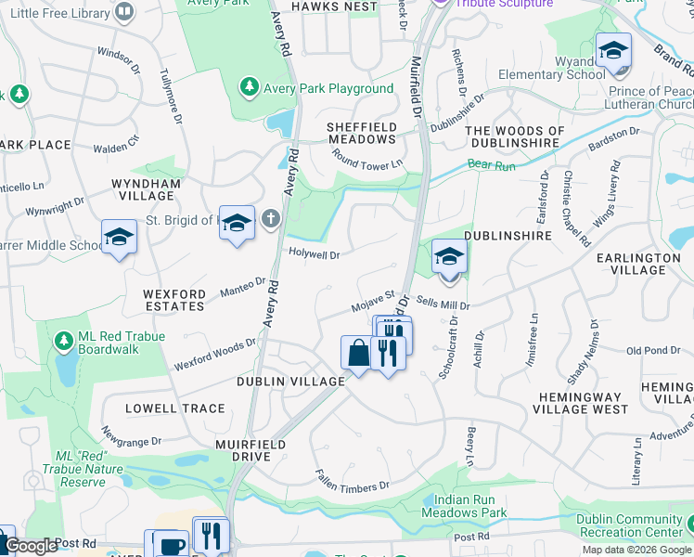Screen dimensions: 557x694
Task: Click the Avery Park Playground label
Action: (x=328, y=88)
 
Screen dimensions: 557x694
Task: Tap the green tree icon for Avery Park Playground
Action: (x=250, y=87)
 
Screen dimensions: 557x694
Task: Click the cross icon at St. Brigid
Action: (x=270, y=220)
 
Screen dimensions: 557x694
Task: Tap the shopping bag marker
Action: (x=357, y=354)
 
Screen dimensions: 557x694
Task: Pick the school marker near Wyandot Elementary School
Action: (x=613, y=52)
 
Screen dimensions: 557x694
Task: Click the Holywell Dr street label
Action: (x=315, y=253)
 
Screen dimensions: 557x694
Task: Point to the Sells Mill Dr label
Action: (x=443, y=304)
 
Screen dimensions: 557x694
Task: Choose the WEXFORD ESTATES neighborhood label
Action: (x=174, y=299)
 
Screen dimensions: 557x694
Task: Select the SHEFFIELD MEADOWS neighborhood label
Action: (x=362, y=133)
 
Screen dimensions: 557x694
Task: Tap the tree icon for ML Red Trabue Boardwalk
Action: (x=63, y=343)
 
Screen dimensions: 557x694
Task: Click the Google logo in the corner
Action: (x=29, y=547)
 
